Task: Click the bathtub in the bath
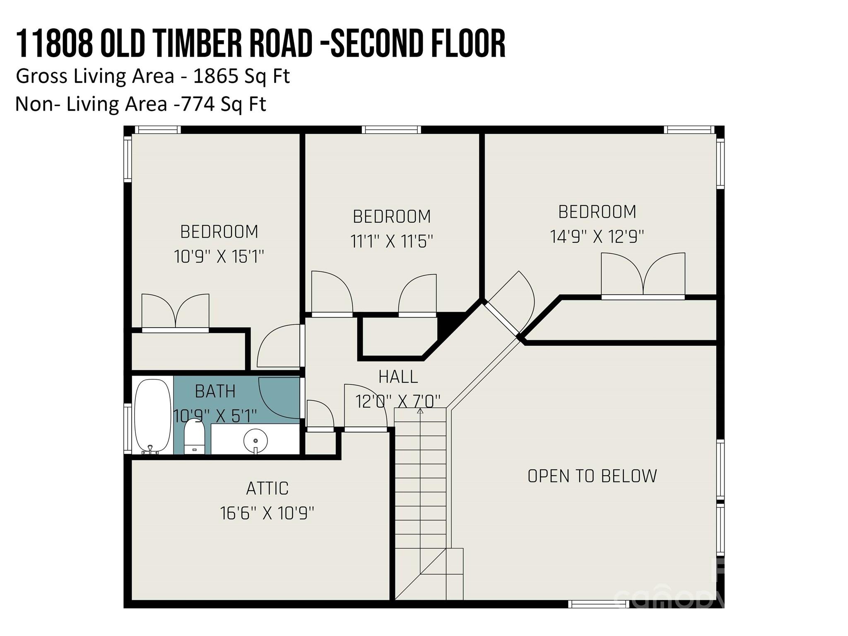(x=153, y=416)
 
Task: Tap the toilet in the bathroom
(x=194, y=436)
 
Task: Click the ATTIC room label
(x=267, y=489)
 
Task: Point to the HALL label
(x=398, y=377)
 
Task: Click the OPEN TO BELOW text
(x=592, y=476)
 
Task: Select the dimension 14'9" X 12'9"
(x=597, y=237)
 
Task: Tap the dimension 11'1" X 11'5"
(x=392, y=241)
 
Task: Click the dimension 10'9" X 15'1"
(x=219, y=257)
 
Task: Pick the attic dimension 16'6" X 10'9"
(x=267, y=513)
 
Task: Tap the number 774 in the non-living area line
(x=198, y=104)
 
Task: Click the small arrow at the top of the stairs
(x=420, y=411)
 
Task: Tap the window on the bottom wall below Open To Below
(x=598, y=604)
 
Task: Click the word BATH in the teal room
(x=215, y=391)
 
